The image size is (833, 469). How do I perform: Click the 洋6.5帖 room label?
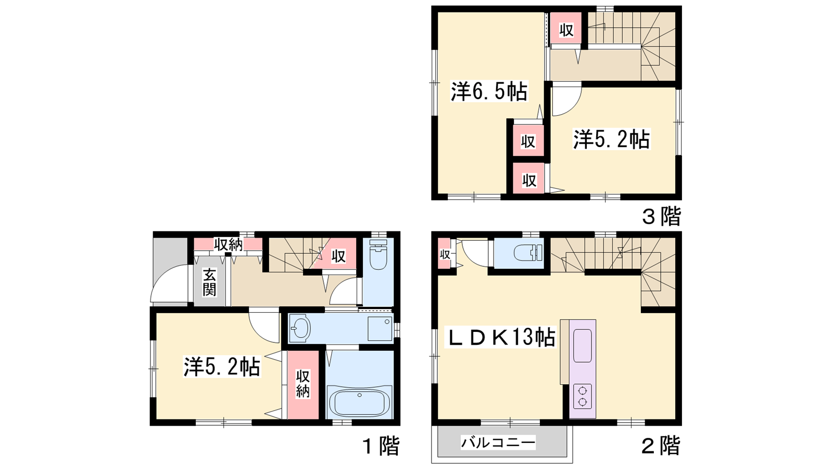coord(489,92)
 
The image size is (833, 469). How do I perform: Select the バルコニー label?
coord(498,443)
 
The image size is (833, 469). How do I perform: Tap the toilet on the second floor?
coord(528,253)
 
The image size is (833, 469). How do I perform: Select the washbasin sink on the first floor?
coord(300,328)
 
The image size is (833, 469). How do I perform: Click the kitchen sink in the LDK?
coord(583,345)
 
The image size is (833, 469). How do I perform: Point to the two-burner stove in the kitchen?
coord(583,397)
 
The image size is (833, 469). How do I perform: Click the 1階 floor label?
coord(381,446)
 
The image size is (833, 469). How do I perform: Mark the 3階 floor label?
coord(662,216)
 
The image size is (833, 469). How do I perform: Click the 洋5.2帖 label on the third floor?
coord(612,140)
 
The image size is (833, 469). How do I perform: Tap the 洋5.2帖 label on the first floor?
coord(222,367)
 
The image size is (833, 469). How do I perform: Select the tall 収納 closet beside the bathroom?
coord(303,385)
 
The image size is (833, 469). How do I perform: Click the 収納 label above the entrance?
coord(229,245)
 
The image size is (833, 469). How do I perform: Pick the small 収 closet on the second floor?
coord(445,255)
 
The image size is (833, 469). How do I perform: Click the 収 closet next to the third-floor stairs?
coord(566,30)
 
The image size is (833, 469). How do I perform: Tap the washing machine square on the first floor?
coord(380,329)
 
